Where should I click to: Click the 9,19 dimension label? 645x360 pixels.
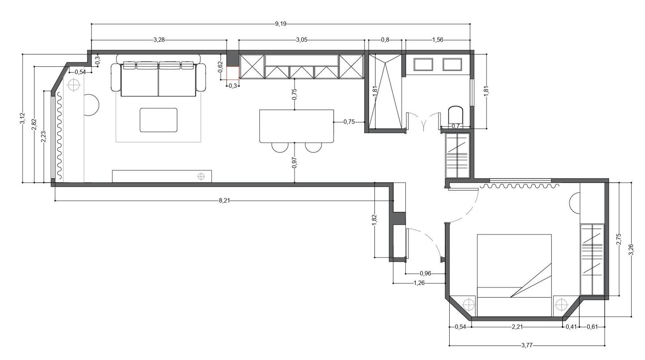[280, 24]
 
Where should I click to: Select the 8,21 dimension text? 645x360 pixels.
[224, 201]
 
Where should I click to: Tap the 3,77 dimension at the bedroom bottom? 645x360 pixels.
[527, 346]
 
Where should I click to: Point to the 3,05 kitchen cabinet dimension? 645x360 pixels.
[301, 40]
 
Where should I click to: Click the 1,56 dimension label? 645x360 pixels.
[438, 40]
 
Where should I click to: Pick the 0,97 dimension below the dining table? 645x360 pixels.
[294, 163]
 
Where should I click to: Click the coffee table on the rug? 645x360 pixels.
[159, 120]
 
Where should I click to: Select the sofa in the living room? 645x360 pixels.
[159, 75]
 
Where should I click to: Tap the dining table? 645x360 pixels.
[297, 126]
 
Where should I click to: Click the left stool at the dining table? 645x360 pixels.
[280, 147]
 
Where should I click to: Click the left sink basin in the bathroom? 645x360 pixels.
[423, 64]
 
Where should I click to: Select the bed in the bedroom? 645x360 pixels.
[514, 275]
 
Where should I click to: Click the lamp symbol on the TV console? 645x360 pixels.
[201, 176]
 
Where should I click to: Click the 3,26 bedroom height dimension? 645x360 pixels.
[631, 249]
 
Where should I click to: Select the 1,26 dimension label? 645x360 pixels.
[419, 283]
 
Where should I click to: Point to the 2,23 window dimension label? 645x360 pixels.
[43, 137]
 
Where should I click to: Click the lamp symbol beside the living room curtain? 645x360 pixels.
[74, 85]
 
